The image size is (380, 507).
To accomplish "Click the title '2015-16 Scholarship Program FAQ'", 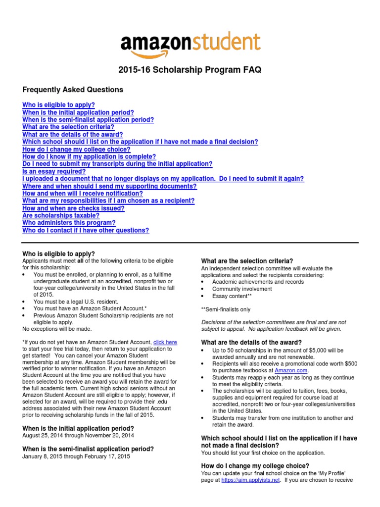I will point(190,70).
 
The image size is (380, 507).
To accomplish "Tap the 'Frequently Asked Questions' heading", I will point(73,90).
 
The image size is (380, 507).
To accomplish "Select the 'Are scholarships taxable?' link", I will point(61,216).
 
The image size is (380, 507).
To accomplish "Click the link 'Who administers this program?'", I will point(69,223).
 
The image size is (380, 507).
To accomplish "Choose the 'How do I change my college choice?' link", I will point(76,149).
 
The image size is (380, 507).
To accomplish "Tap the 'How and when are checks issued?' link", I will point(73,208).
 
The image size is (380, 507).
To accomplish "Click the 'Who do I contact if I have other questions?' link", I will point(86,231).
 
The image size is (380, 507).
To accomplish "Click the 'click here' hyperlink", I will point(165,342).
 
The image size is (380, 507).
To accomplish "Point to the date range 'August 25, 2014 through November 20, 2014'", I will point(78,435).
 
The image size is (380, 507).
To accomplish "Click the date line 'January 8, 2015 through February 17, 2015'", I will point(76,456).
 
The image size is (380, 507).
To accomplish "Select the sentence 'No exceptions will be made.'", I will point(57,329).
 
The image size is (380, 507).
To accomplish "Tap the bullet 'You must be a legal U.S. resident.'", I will point(76,301).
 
